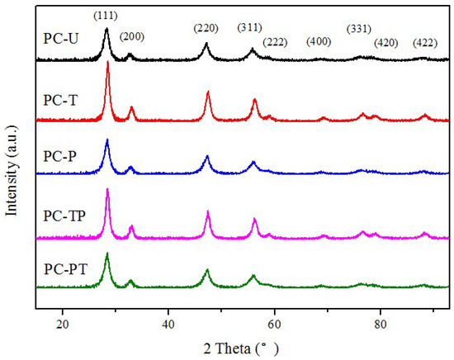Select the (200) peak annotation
point(134,36)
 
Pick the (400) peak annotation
point(321,41)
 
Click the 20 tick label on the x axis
point(63,324)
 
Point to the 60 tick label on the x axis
point(274,324)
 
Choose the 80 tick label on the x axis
point(381,324)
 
